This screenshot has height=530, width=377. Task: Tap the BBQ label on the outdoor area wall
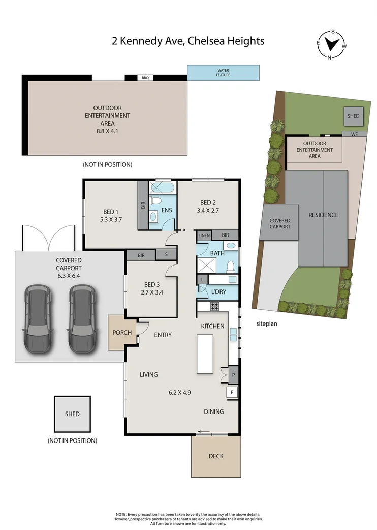point(145,78)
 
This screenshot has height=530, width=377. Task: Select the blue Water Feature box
point(224,73)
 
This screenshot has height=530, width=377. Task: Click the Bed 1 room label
point(110,212)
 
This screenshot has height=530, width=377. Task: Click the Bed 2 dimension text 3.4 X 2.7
point(207,209)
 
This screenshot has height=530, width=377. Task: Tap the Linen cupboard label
point(204,235)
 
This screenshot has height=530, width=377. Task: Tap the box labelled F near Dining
point(233,392)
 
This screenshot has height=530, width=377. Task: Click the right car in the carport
point(81,317)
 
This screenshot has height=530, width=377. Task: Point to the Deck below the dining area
point(215,456)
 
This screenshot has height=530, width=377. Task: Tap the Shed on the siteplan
point(353,116)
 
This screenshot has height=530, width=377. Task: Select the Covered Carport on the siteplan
point(280,223)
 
